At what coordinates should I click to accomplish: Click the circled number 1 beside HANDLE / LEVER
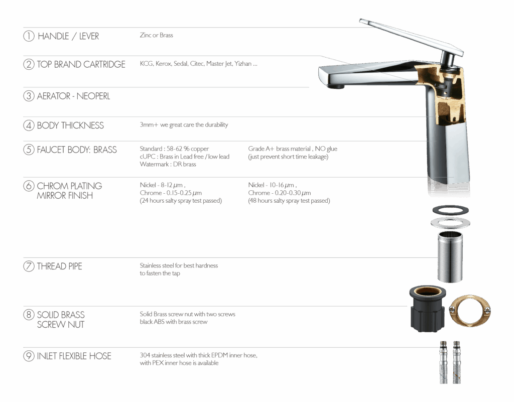29,36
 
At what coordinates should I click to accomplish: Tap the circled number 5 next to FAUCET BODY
29,150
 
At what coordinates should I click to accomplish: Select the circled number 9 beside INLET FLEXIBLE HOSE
29,356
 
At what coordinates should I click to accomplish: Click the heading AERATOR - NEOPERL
73,96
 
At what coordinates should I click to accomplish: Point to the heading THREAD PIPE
59,266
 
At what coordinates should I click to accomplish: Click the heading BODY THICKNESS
70,125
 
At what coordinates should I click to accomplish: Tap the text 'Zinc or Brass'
157,36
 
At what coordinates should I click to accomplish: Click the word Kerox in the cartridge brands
163,64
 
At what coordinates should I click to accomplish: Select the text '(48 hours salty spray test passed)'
289,201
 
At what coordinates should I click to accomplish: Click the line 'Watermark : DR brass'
168,165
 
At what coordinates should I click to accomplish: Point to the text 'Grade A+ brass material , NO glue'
293,149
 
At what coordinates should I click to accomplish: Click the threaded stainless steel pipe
450,256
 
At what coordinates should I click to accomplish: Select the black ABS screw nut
428,308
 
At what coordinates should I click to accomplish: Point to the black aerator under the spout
336,86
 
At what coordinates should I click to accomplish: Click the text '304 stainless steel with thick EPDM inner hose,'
199,355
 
